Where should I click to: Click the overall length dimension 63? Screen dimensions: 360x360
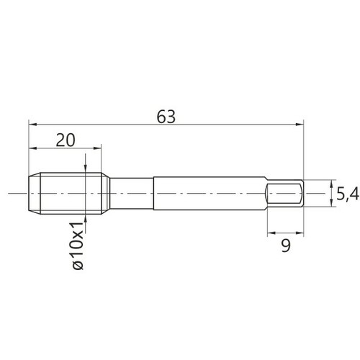166,117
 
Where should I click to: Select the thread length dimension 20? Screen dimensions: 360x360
66,140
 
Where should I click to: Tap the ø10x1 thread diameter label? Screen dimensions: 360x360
78,246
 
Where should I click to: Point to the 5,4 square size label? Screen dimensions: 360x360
347,194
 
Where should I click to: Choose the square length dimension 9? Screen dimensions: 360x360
286,246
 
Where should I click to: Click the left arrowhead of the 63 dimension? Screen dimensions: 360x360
32,125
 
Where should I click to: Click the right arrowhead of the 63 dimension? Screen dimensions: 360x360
300,125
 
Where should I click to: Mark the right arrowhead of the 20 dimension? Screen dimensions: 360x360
97,148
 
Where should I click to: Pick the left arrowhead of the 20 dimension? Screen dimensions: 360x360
32,148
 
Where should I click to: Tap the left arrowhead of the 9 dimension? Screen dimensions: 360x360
271,233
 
